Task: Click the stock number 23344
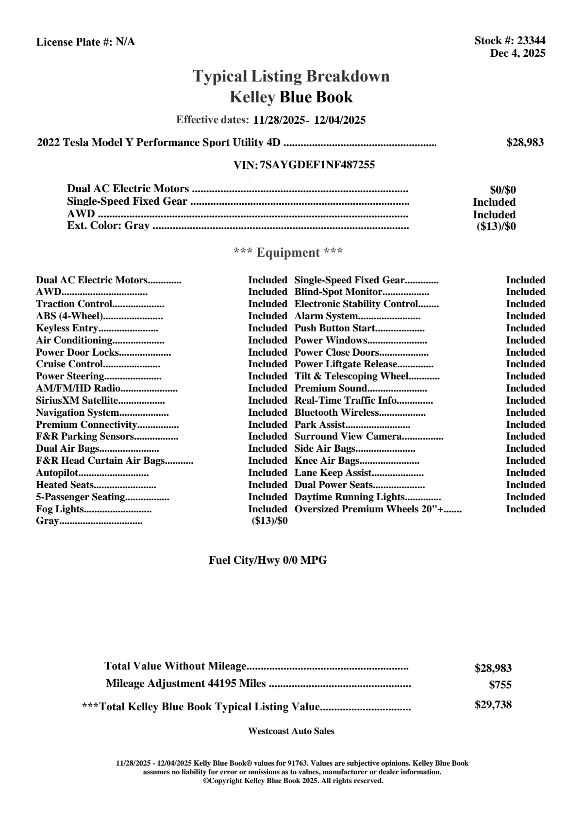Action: [531, 41]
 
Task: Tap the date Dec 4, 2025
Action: [517, 53]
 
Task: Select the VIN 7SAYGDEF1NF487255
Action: [317, 165]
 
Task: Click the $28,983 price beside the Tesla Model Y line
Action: [525, 143]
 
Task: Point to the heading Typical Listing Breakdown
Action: [291, 76]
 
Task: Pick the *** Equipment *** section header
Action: [288, 253]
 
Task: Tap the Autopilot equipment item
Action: [57, 473]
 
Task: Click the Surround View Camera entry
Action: [348, 437]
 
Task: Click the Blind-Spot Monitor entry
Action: [338, 292]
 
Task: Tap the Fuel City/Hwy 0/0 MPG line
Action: [268, 560]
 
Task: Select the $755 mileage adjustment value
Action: [500, 686]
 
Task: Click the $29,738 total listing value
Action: [493, 705]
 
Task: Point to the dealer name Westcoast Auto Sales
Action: [291, 731]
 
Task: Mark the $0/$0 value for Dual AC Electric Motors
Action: [503, 190]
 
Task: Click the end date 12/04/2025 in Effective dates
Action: [340, 120]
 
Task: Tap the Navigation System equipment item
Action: [78, 413]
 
